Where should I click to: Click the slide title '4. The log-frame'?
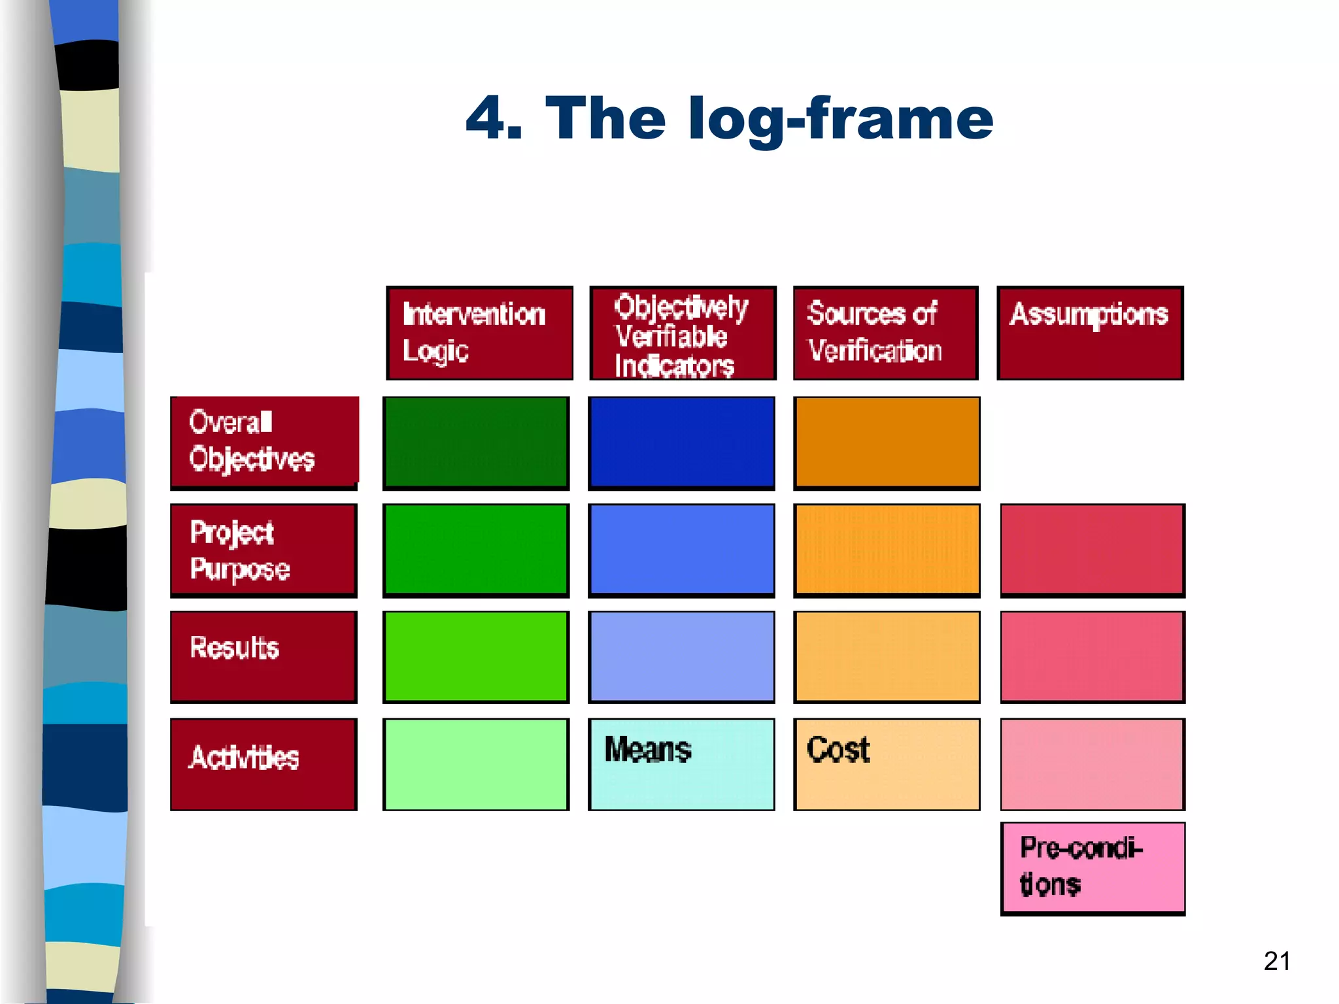(x=729, y=119)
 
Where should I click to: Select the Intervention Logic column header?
(x=479, y=333)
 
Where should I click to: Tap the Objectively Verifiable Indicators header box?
(x=683, y=333)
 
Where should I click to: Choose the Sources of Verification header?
(x=886, y=333)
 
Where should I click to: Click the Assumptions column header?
(x=1090, y=333)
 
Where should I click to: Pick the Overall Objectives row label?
(x=264, y=442)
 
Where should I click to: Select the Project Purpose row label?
(x=263, y=550)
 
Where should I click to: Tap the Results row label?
(x=263, y=657)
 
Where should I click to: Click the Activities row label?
(x=263, y=764)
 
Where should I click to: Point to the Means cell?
(x=681, y=764)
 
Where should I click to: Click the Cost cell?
(x=887, y=764)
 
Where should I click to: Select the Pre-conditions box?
(x=1093, y=868)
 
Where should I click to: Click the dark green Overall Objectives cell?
(x=476, y=443)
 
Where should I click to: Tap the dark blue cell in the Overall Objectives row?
(x=681, y=443)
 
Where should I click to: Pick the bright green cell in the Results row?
(x=476, y=657)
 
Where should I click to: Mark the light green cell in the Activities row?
(x=476, y=764)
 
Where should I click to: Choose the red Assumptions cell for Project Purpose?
(x=1093, y=550)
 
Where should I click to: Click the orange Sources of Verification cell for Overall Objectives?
(x=887, y=443)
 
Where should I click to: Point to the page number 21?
(x=1277, y=961)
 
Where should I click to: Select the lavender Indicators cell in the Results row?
(x=681, y=657)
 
